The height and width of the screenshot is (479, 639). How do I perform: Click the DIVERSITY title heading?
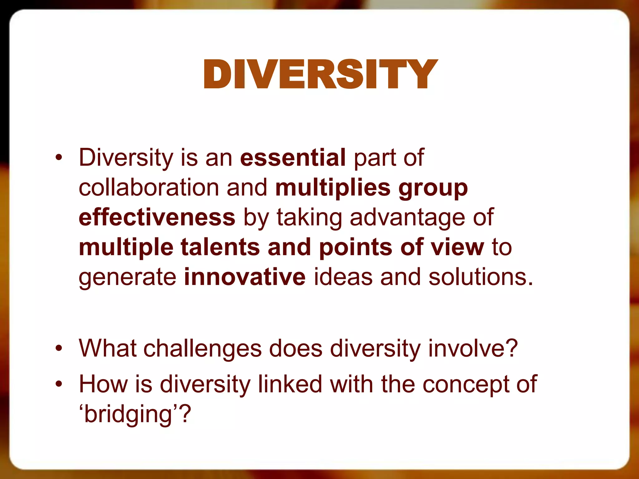(x=321, y=74)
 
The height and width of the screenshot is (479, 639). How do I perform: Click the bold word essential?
(x=293, y=157)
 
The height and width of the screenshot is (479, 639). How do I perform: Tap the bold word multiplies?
(x=333, y=188)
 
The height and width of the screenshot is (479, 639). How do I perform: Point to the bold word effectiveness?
(x=157, y=217)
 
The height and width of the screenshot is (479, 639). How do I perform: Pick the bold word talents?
(x=220, y=247)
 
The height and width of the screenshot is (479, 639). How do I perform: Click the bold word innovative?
(x=245, y=277)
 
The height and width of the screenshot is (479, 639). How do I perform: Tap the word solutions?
(x=480, y=277)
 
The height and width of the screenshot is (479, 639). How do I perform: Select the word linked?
(x=290, y=384)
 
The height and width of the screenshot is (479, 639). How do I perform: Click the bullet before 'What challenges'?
(x=59, y=348)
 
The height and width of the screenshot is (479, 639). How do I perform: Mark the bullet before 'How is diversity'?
(x=59, y=384)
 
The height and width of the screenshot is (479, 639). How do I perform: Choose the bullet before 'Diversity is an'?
(x=59, y=158)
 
